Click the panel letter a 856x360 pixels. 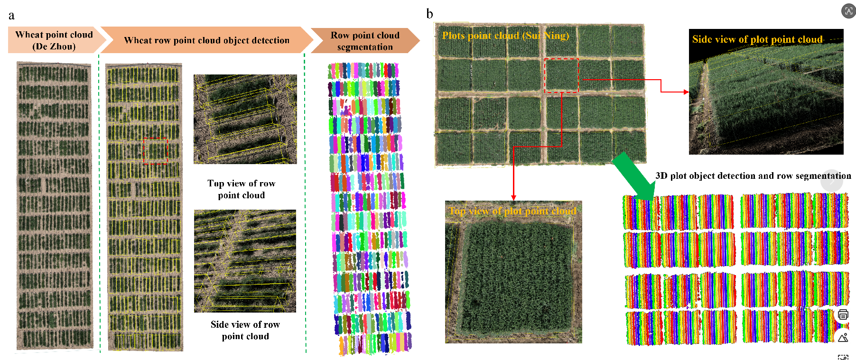11,16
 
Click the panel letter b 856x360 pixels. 429,14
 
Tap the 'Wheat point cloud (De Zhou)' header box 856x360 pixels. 54,40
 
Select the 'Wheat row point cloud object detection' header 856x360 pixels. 206,40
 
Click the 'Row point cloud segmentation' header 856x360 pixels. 365,41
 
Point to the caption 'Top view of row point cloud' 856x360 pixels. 241,189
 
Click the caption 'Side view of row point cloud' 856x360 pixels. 245,330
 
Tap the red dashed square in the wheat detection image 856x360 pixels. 155,151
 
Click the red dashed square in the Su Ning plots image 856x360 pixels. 561,75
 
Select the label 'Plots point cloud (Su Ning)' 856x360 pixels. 505,36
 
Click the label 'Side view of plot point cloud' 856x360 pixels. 757,39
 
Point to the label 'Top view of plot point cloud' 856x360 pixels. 512,211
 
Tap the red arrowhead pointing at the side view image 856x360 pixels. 686,92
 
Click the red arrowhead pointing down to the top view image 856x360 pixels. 513,198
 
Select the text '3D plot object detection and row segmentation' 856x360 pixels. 753,176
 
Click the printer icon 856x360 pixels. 843,314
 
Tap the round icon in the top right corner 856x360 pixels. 848,10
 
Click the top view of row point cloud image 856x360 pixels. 245,119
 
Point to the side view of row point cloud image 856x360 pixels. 245,261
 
